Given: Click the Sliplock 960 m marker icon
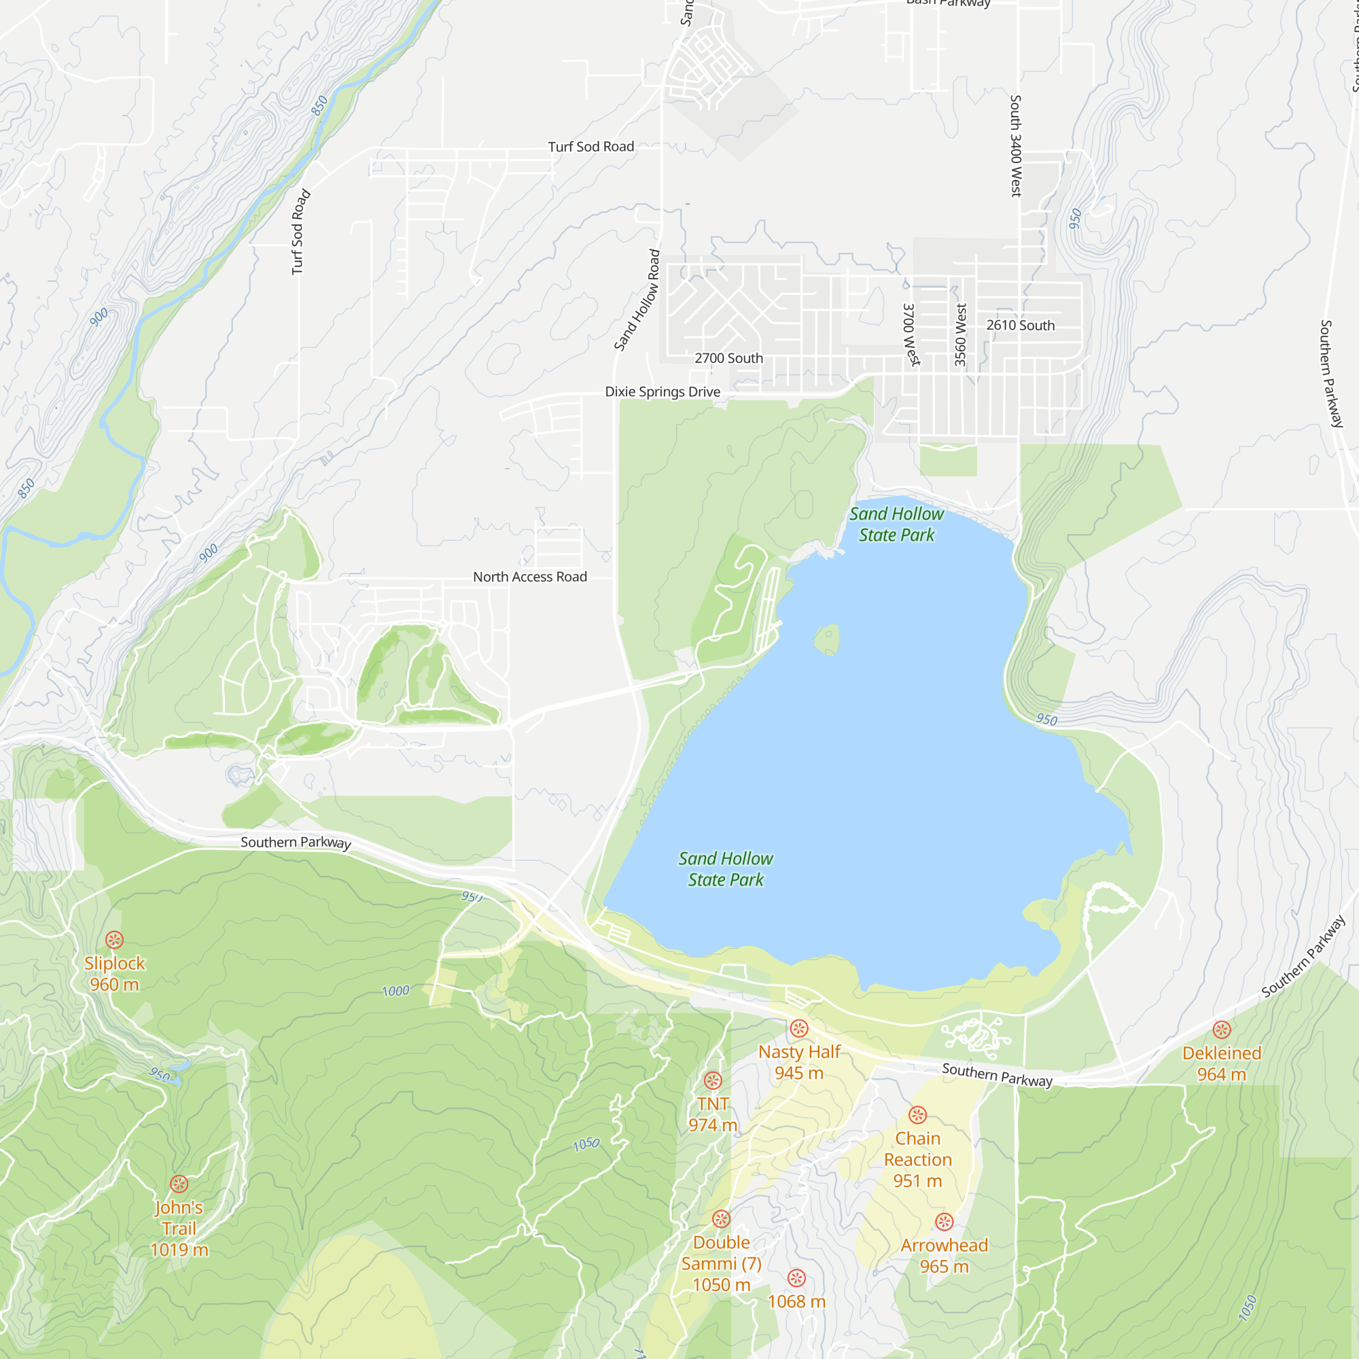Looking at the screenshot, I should click(x=115, y=940).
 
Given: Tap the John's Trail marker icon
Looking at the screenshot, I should click(x=179, y=1184).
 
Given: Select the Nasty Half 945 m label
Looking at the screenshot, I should click(x=799, y=1062).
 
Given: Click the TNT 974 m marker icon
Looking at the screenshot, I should click(x=713, y=1080).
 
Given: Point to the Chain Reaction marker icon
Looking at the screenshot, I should click(x=917, y=1115).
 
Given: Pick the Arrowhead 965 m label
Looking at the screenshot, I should click(x=944, y=1256).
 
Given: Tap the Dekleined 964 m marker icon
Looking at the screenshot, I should click(x=1222, y=1030).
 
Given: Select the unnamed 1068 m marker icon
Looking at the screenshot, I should click(x=796, y=1278).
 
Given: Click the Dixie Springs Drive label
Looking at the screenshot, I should click(x=663, y=392).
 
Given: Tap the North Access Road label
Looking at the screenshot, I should click(x=530, y=577).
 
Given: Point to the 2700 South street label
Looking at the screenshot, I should click(x=728, y=358).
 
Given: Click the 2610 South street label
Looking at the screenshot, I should click(x=1020, y=325).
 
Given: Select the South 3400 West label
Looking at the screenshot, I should click(x=1015, y=145).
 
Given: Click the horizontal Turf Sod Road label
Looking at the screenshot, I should click(x=591, y=147).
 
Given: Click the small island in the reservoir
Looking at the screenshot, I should click(x=827, y=639).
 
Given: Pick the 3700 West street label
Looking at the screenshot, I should click(x=911, y=334).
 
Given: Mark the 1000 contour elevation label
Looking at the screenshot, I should click(x=395, y=991).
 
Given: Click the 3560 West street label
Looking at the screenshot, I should click(x=961, y=335).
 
